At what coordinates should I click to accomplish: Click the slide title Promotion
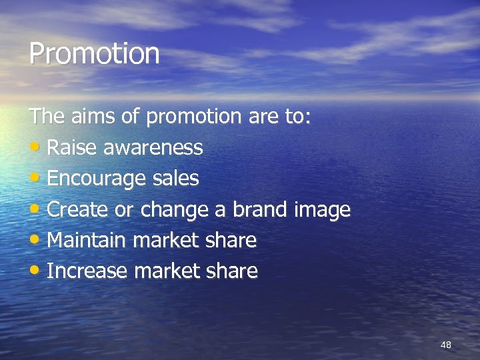[x=94, y=54]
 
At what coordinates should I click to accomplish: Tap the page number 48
[x=446, y=345]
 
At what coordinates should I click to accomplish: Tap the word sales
[x=175, y=178]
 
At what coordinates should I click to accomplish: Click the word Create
[x=78, y=209]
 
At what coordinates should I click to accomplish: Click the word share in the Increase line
[x=233, y=271]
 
